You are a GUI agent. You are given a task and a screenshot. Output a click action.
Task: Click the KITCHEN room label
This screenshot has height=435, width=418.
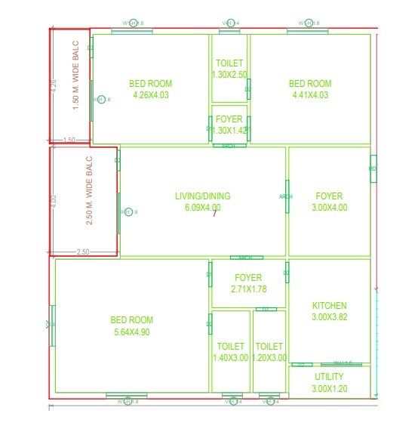330,306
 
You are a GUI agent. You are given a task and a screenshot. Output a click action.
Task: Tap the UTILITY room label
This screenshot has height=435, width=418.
330,376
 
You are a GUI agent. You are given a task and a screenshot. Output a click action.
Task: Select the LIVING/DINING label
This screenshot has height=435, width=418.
203,196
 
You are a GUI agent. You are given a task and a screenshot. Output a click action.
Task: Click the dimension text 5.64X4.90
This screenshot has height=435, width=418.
132,332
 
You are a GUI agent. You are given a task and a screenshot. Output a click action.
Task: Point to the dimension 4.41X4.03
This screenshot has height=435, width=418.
311,95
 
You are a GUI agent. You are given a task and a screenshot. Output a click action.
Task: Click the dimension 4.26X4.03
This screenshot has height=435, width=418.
151,95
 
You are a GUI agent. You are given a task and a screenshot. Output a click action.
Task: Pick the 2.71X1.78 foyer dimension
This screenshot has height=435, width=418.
249,289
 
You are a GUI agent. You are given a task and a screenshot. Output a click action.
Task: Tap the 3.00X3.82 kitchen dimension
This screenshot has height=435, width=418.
330,317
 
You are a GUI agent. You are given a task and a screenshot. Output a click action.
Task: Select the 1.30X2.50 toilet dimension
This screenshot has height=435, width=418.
229,74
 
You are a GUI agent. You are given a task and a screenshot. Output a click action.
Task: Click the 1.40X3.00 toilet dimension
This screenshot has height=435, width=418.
231,358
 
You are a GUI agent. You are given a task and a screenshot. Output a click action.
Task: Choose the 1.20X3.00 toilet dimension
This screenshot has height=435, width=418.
269,358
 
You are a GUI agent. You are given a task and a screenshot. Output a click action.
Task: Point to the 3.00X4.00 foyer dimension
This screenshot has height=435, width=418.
330,208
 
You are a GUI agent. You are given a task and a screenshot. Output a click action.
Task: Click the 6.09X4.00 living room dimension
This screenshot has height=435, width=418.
203,208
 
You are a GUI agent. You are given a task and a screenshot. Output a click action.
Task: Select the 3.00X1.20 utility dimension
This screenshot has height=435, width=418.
330,388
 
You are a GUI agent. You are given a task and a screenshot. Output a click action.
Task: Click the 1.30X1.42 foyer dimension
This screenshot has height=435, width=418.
229,131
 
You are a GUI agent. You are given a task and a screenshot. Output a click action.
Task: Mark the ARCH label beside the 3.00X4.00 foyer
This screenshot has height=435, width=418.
286,196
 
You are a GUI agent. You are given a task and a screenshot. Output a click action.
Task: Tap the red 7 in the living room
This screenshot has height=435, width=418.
214,214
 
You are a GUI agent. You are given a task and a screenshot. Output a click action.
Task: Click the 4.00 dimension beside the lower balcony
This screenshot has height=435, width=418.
54,202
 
